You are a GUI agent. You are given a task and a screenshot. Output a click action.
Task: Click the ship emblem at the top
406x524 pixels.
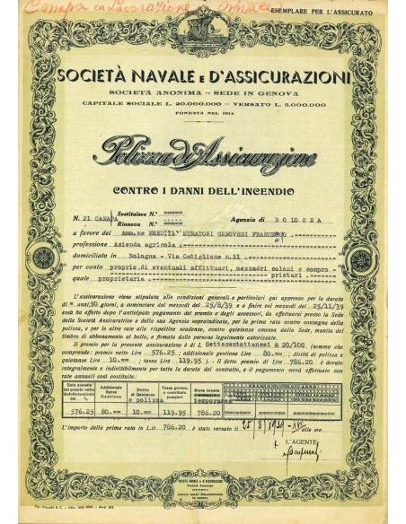point(202,27)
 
